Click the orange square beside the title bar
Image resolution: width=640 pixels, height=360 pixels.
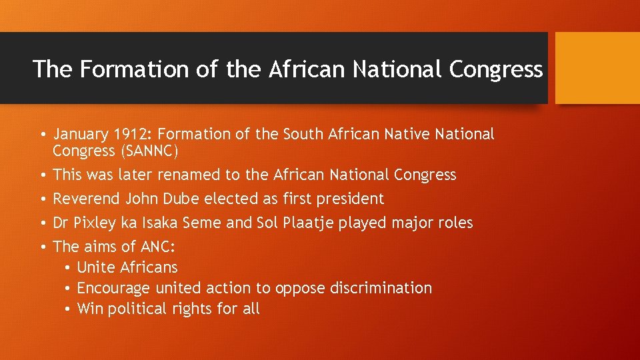pyautogui.click(x=597, y=68)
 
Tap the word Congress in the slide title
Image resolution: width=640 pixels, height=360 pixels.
pyautogui.click(x=496, y=69)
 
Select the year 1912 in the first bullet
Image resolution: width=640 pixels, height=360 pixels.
pyautogui.click(x=130, y=134)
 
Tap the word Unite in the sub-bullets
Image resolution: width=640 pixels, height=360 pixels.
pyautogui.click(x=95, y=267)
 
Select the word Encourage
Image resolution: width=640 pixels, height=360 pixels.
pyautogui.click(x=114, y=288)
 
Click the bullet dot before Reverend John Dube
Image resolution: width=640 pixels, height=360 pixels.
pyautogui.click(x=42, y=199)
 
